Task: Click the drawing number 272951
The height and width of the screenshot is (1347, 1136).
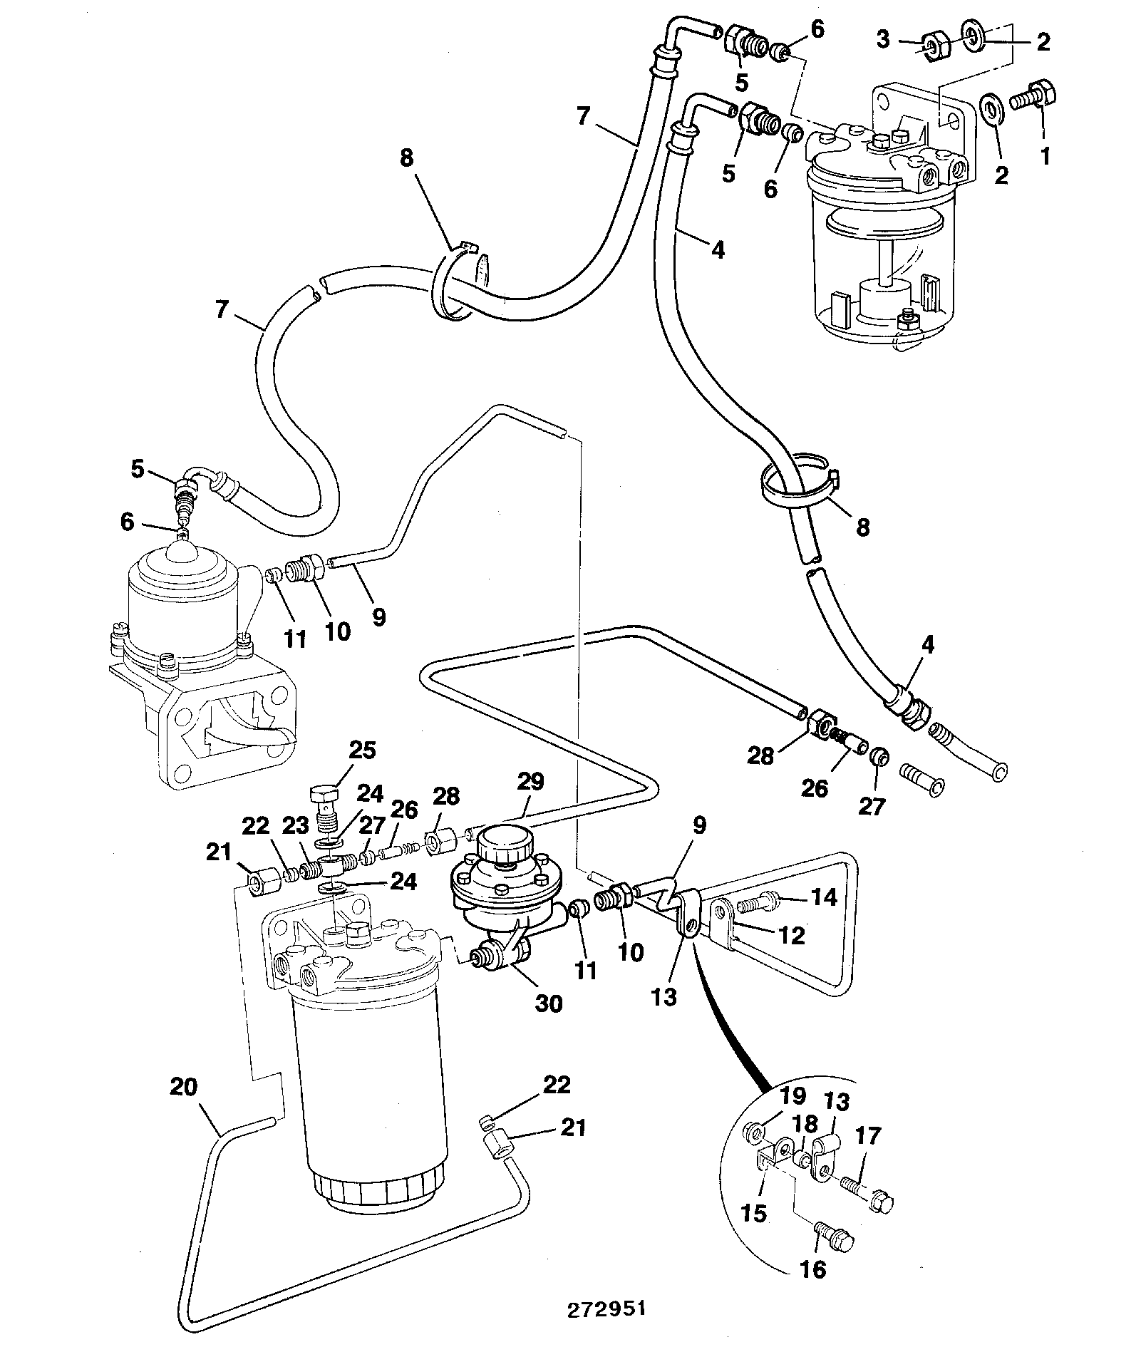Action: point(606,1309)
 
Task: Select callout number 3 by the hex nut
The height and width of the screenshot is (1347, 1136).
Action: point(883,38)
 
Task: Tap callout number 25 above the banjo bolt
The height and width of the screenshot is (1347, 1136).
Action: point(362,750)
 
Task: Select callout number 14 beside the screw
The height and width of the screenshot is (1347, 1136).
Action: point(824,897)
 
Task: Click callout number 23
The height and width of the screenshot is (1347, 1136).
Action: point(295,826)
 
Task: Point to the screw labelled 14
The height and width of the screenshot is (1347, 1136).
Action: point(757,904)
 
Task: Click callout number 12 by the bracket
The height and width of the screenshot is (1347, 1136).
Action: point(792,935)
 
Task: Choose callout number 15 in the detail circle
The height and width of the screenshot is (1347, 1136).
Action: point(753,1213)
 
